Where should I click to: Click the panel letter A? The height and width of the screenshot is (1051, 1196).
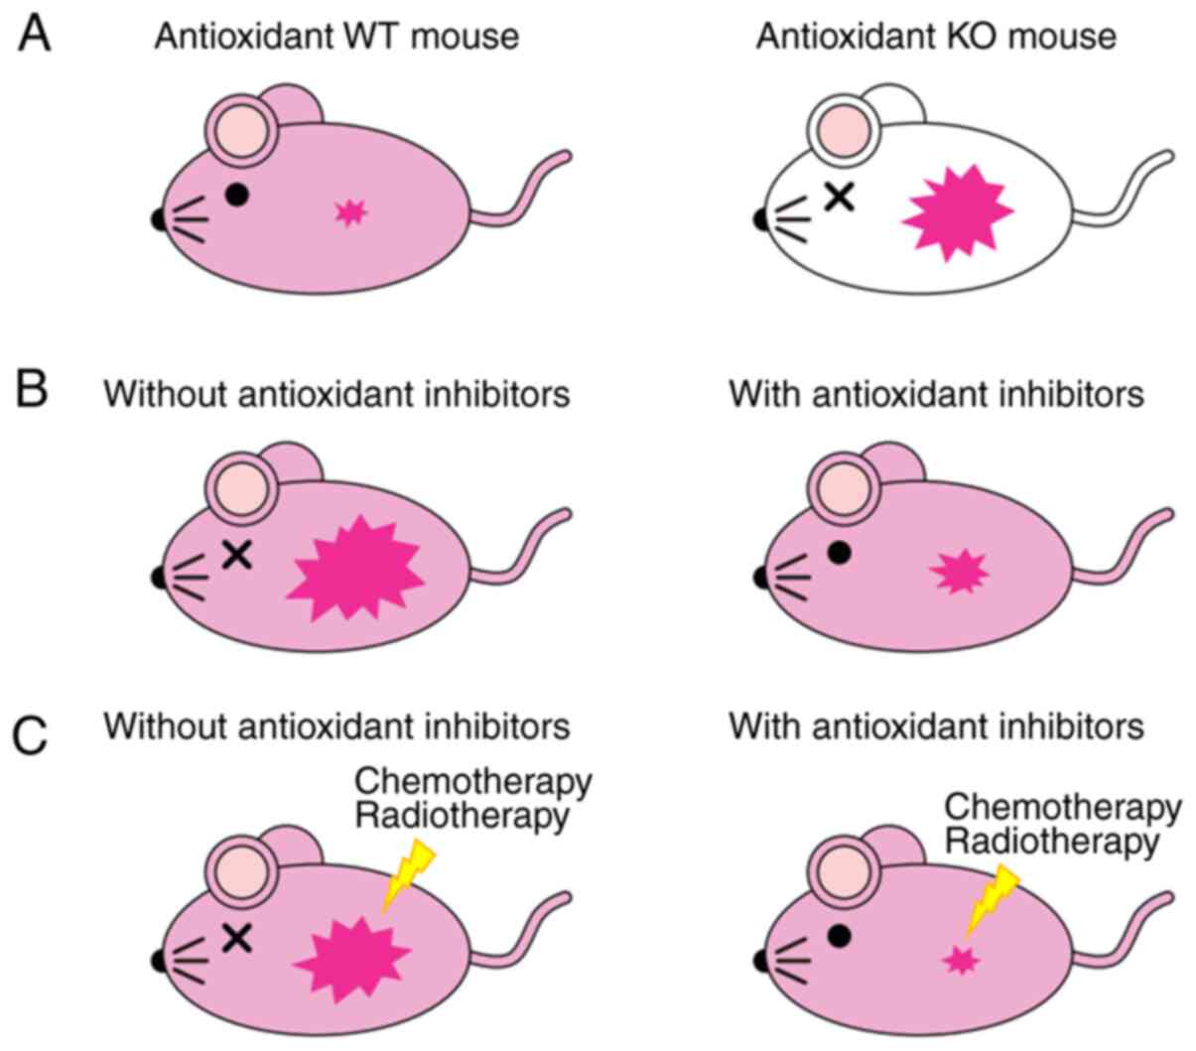point(35,36)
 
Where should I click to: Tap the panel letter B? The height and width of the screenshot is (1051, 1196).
point(32,390)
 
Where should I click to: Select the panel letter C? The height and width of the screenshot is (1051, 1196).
point(32,735)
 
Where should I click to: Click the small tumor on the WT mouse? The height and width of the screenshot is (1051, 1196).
point(349,211)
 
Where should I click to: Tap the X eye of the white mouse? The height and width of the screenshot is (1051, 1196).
point(840,197)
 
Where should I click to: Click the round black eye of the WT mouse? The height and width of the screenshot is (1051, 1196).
point(235,195)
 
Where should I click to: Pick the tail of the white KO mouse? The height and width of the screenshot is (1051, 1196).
point(1131,189)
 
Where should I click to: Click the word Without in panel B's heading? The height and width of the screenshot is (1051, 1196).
point(164,394)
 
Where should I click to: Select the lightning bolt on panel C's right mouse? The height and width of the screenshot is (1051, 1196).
point(993,898)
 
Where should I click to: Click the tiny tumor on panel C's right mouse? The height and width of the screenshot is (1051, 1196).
point(961,960)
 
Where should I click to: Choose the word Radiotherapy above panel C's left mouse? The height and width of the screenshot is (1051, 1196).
point(462,816)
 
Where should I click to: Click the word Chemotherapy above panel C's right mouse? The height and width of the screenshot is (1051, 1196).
point(1062,807)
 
